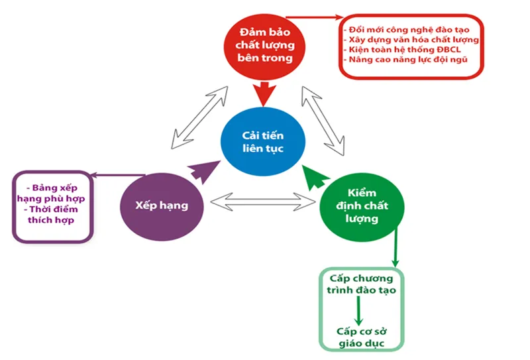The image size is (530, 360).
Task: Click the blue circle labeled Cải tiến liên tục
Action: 263,141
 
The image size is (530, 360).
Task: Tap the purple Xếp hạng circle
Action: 163,206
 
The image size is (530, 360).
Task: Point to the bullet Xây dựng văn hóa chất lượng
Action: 411,40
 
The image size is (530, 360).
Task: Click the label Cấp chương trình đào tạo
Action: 361,284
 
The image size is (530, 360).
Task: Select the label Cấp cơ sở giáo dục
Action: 361,336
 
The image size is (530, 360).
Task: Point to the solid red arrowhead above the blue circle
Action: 264,95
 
